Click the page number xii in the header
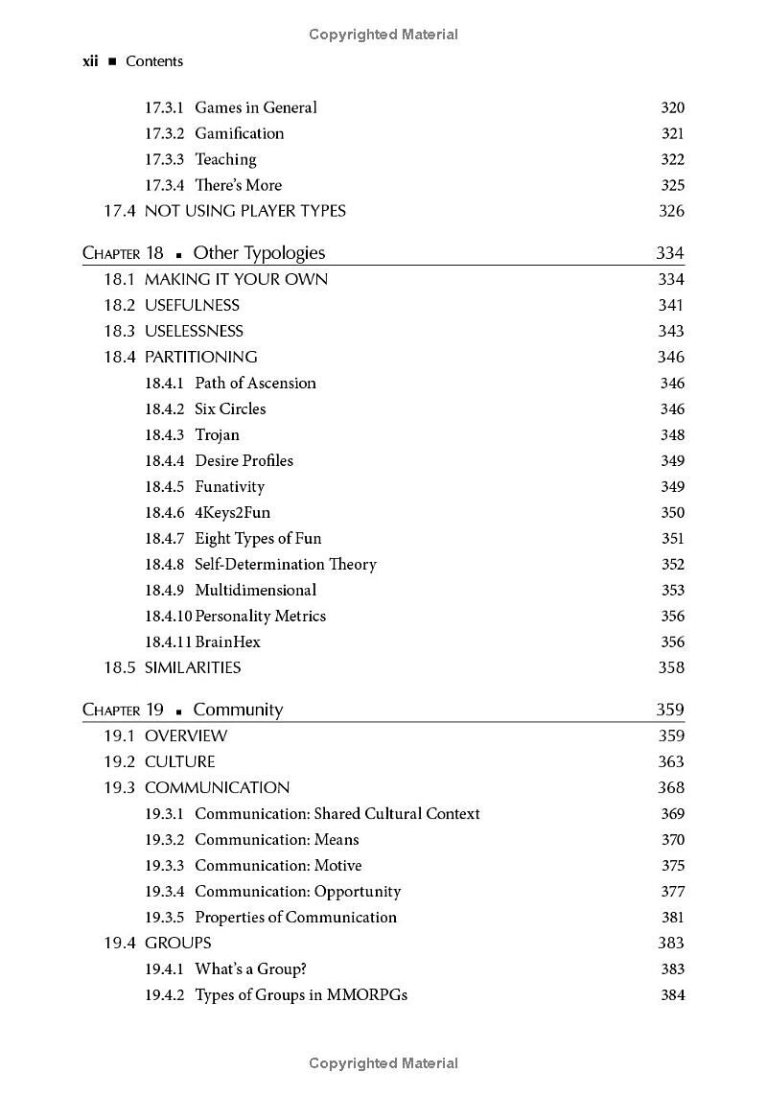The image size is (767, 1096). [91, 61]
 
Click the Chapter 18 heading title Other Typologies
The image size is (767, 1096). [259, 253]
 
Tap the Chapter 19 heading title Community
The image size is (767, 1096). [238, 710]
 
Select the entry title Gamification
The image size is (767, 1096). [239, 133]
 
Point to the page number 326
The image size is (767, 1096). [671, 211]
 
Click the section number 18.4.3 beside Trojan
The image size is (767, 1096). [164, 434]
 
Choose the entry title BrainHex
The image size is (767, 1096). [227, 641]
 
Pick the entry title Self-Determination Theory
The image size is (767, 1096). [285, 564]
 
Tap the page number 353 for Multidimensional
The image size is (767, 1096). [672, 590]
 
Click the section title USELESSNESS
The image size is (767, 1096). [194, 331]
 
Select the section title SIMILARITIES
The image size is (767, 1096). [193, 667]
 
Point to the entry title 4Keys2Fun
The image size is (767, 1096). [232, 512]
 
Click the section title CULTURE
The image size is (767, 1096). [179, 761]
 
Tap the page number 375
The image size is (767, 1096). [672, 865]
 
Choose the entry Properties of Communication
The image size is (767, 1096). [295, 917]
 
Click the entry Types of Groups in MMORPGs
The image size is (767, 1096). [301, 994]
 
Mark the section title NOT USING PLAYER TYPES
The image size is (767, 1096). [244, 211]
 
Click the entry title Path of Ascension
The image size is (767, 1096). [255, 383]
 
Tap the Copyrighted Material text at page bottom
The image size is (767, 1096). [383, 1062]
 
